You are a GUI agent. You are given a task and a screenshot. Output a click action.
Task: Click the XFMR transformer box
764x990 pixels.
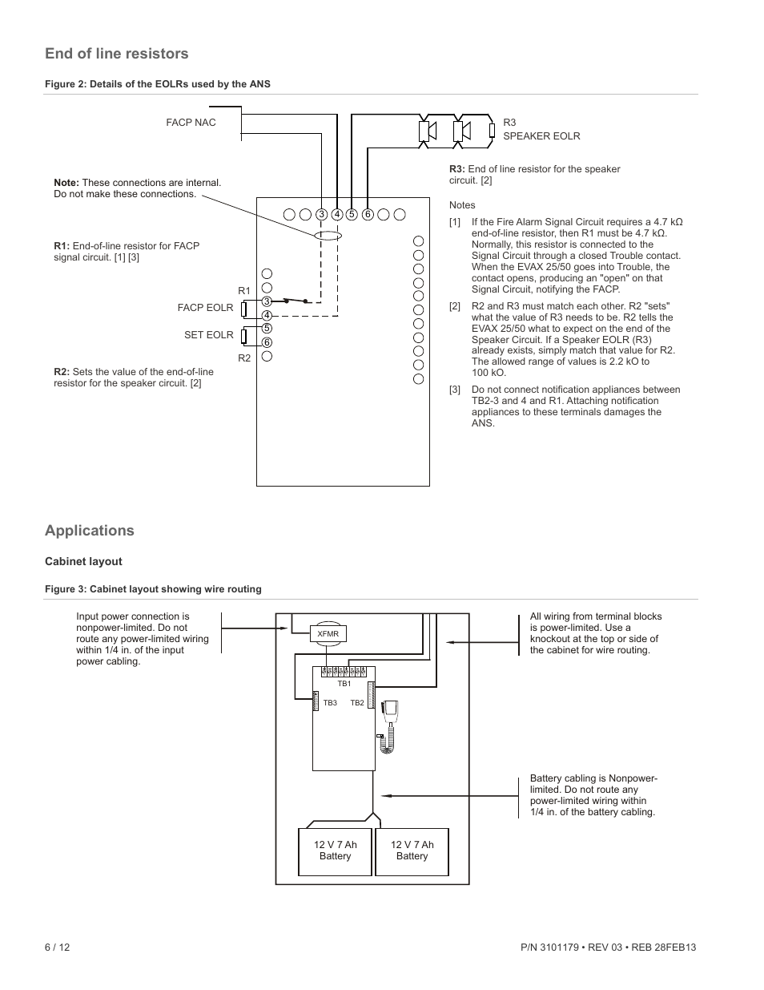pyautogui.click(x=328, y=634)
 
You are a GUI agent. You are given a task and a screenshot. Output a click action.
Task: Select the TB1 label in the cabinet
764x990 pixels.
pyautogui.click(x=344, y=684)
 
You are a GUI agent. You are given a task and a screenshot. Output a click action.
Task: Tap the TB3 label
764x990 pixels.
pyautogui.click(x=330, y=702)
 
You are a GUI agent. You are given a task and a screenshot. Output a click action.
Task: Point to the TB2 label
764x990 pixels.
pyautogui.click(x=356, y=702)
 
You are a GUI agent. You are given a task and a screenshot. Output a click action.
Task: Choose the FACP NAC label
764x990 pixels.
pyautogui.click(x=191, y=123)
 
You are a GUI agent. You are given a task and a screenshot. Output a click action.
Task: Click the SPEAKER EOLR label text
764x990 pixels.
pyautogui.click(x=541, y=136)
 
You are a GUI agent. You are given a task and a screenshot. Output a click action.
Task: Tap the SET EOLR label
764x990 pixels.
pyautogui.click(x=208, y=335)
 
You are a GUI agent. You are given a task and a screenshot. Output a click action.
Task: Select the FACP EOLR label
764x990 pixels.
pyautogui.click(x=205, y=308)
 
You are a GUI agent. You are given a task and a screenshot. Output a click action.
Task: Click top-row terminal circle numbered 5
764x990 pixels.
pyautogui.click(x=352, y=214)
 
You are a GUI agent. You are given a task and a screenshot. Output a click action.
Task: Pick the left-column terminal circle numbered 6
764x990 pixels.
pyautogui.click(x=267, y=342)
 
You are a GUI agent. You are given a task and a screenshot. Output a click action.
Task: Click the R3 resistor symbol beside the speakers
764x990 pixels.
pyautogui.click(x=492, y=131)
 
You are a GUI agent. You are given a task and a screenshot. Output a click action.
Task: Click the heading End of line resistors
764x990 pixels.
pyautogui.click(x=116, y=54)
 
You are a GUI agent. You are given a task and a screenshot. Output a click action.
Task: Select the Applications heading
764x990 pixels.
pyautogui.click(x=89, y=531)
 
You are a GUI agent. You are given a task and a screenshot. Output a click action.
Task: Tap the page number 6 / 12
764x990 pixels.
pyautogui.click(x=58, y=948)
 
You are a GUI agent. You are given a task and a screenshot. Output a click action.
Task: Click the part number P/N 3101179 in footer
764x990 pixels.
pyautogui.click(x=549, y=948)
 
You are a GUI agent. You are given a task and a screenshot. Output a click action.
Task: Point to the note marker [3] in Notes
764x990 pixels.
pyautogui.click(x=455, y=390)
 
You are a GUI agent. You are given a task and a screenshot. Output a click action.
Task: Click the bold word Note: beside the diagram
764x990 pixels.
pyautogui.click(x=66, y=183)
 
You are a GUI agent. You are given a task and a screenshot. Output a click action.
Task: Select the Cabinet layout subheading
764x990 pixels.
pyautogui.click(x=83, y=561)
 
